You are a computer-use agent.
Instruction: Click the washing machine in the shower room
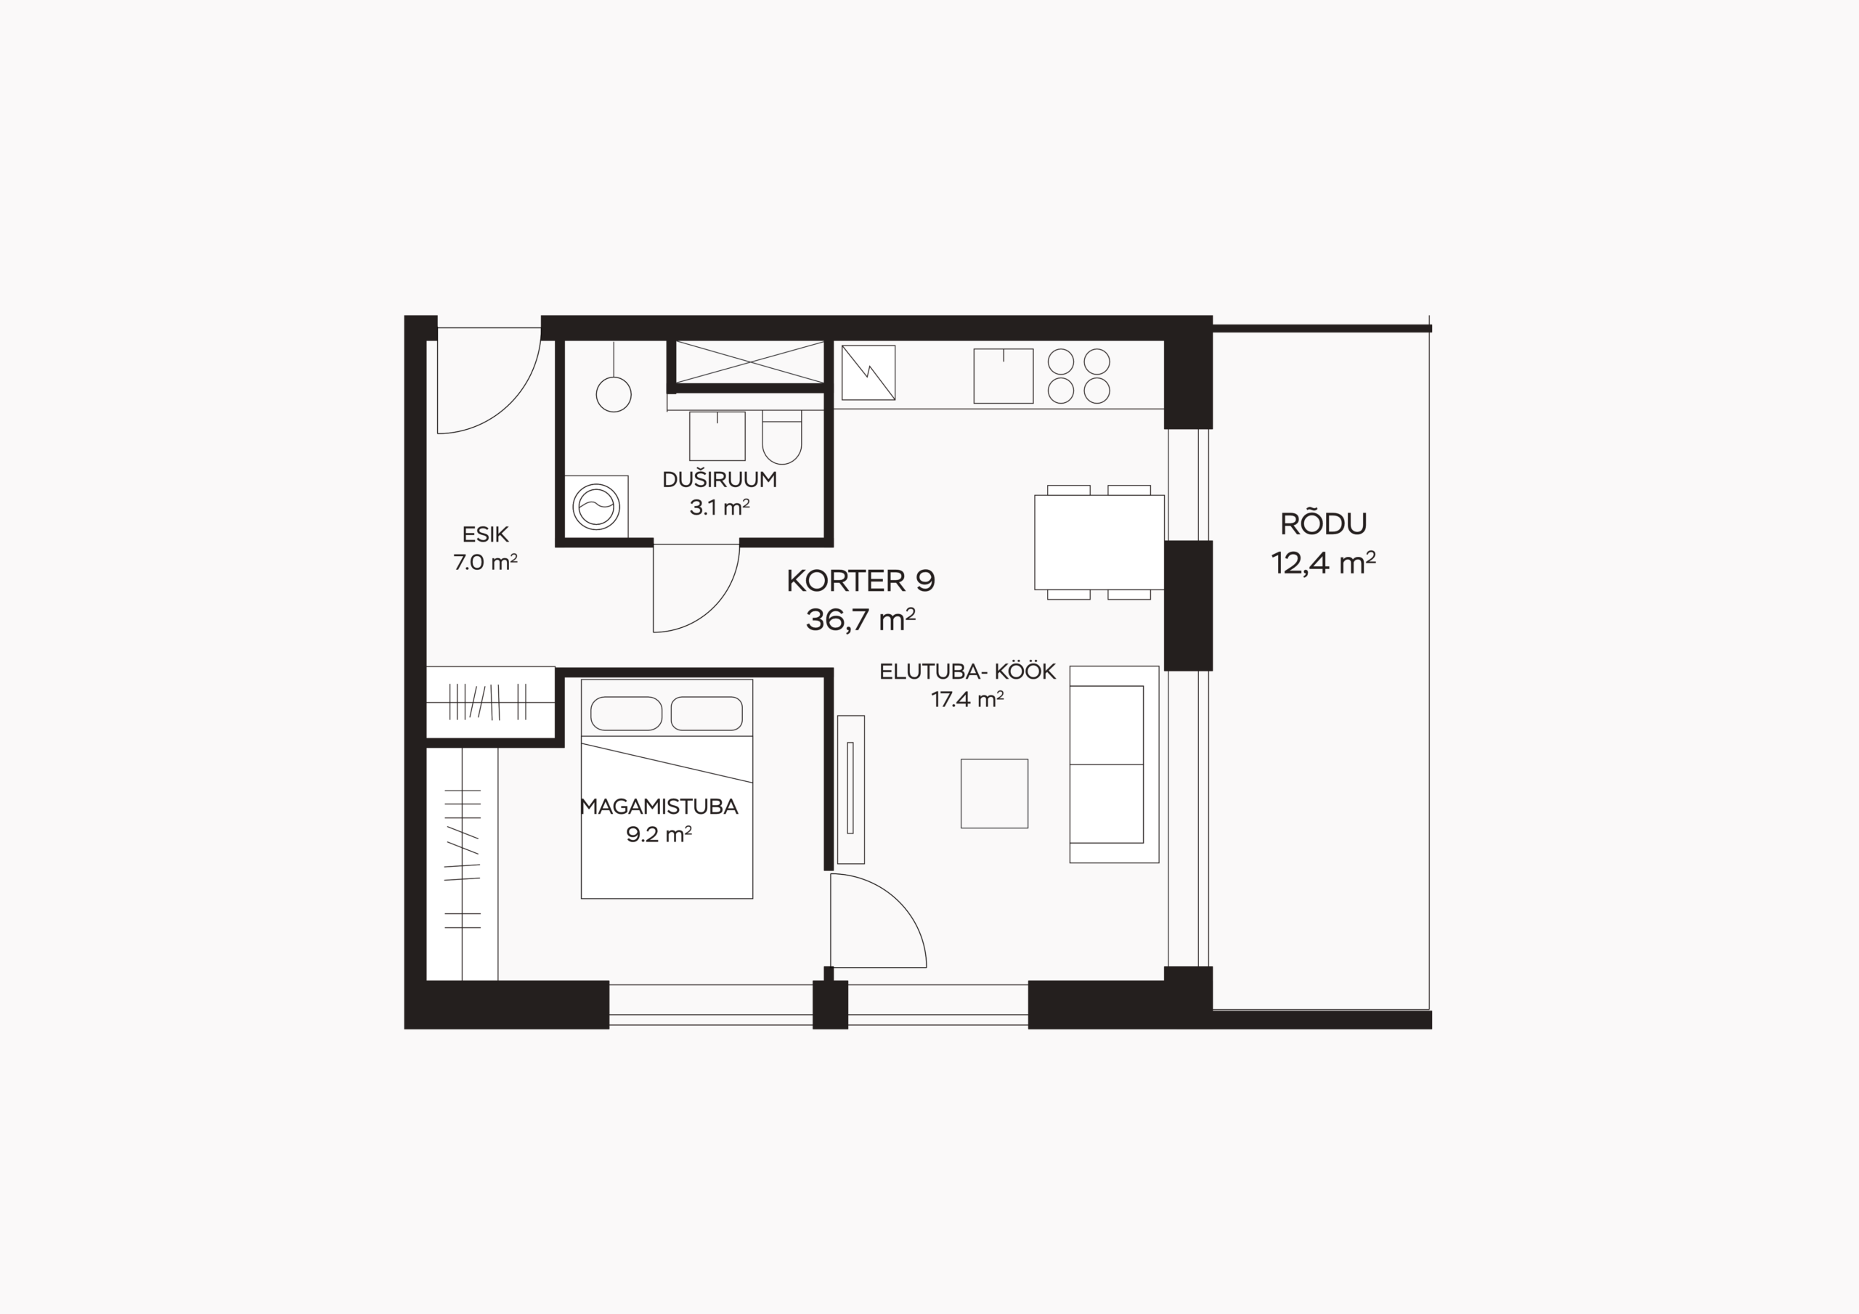596,506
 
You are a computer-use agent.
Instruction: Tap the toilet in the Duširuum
781,437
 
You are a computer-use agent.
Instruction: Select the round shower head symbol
613,394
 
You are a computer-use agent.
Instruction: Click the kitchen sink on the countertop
1003,375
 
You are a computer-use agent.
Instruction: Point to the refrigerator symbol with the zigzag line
868,372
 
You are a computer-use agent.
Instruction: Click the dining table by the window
1099,542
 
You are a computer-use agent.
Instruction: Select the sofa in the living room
1114,764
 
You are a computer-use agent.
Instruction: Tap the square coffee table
994,793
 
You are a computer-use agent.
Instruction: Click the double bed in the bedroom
667,788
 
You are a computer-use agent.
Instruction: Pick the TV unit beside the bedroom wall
851,789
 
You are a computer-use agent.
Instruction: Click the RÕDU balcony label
1324,525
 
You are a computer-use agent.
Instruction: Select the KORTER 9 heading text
861,581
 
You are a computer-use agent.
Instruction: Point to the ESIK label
486,534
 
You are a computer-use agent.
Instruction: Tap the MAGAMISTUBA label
659,807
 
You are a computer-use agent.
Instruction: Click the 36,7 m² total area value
861,619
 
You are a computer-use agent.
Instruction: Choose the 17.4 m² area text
967,698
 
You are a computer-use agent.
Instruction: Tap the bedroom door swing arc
899,899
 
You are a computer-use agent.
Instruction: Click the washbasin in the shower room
717,436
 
